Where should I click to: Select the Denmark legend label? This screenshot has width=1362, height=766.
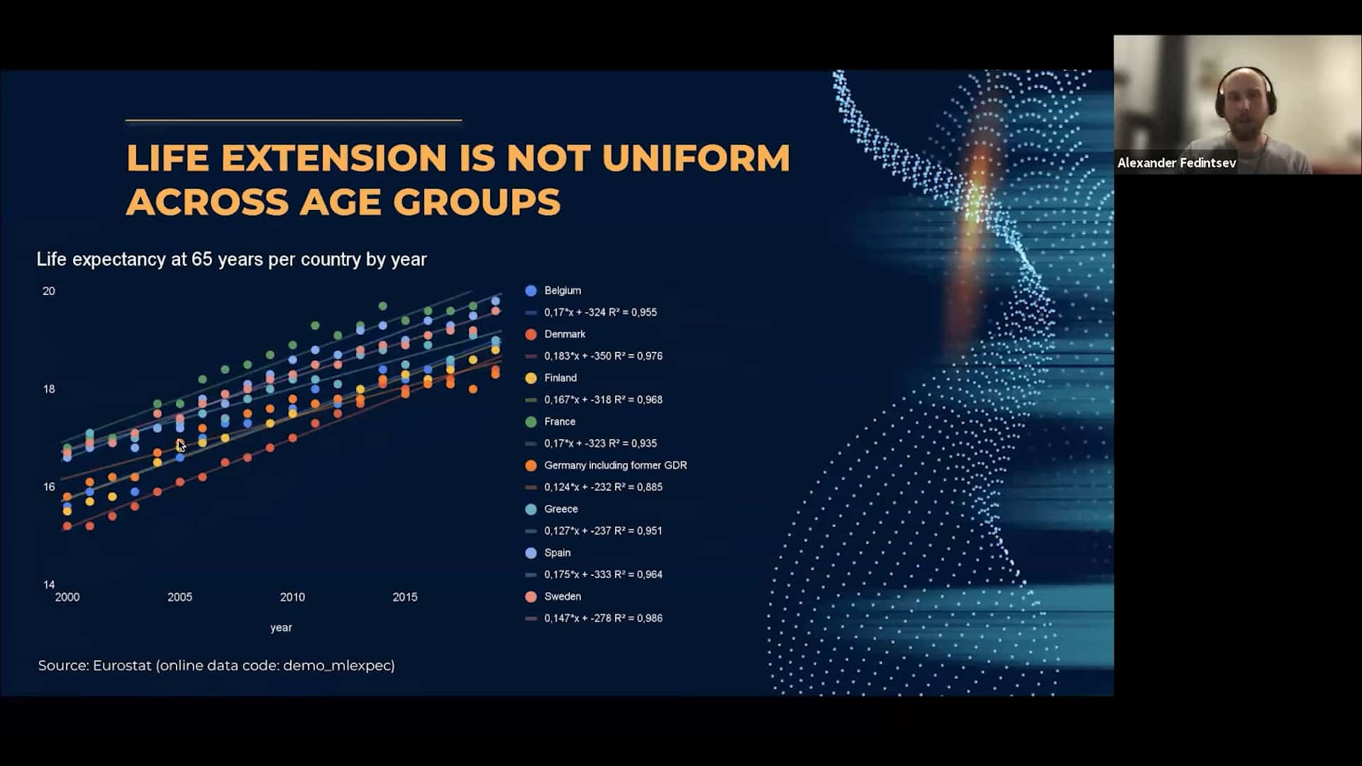click(x=565, y=334)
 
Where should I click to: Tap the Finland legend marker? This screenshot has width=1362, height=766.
click(x=531, y=378)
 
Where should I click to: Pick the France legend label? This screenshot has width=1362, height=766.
click(x=560, y=421)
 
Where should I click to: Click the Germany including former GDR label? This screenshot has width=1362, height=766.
click(x=615, y=465)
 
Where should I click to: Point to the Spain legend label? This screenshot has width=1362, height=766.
click(x=558, y=553)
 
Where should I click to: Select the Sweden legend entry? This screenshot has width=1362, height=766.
click(x=553, y=596)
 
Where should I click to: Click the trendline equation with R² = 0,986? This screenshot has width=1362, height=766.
click(x=603, y=618)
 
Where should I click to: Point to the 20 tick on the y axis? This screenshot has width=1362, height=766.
click(x=49, y=291)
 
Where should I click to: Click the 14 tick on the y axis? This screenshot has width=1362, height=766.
click(x=49, y=584)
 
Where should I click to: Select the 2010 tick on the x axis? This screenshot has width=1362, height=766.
click(x=292, y=597)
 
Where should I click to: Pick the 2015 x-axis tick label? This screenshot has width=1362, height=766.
click(x=405, y=597)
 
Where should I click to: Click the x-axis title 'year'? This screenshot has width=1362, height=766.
click(x=281, y=628)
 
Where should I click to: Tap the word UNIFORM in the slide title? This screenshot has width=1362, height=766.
click(x=696, y=157)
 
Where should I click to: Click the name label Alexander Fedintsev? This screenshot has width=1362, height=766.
click(x=1177, y=163)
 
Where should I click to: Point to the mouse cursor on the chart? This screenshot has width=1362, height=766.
click(x=180, y=445)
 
